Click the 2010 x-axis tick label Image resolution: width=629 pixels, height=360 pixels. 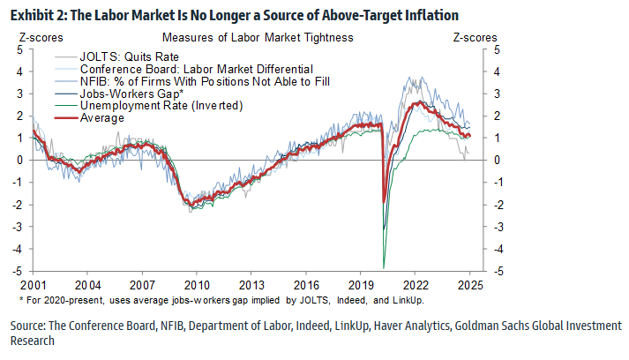coord(196,286)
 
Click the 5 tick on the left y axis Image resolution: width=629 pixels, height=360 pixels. coord(20,49)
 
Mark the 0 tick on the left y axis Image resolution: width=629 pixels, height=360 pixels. coord(20,160)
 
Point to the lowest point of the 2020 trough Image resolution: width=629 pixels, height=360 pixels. coord(384,268)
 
